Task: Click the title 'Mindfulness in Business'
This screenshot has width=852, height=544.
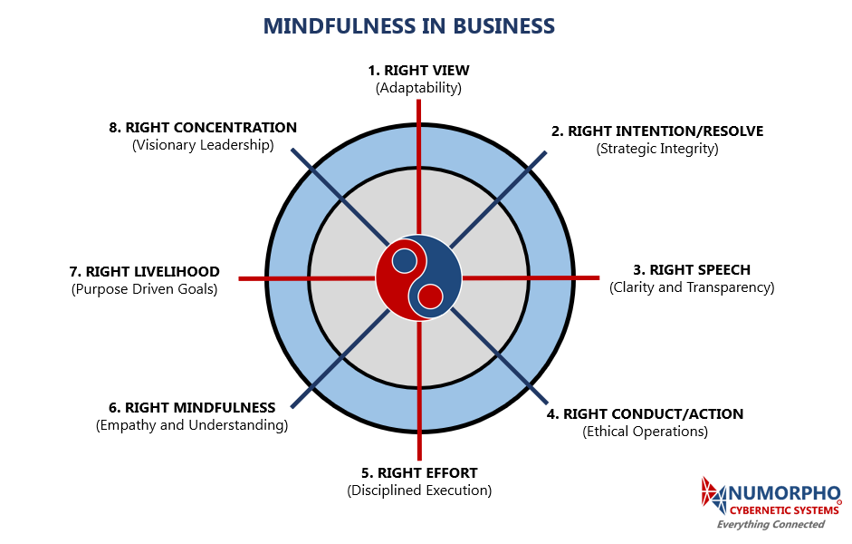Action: tap(409, 26)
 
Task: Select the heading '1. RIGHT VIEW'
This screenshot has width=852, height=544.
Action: tap(418, 70)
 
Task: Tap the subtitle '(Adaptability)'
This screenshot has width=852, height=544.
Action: tap(418, 88)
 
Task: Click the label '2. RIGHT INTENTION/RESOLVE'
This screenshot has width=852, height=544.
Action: tap(657, 131)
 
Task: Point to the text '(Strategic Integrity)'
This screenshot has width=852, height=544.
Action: tap(657, 149)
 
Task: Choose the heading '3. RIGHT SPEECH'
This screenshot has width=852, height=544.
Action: tap(692, 269)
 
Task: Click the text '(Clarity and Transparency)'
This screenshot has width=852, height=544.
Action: tap(692, 287)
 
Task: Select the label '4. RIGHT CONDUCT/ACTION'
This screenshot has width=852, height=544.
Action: tap(645, 413)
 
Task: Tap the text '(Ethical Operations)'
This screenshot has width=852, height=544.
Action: tap(645, 432)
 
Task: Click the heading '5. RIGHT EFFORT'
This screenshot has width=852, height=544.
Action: tap(419, 472)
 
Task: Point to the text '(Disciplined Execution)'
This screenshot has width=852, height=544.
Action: tap(419, 491)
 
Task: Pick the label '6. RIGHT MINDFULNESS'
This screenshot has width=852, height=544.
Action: tap(192, 407)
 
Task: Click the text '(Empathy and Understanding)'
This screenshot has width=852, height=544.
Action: tap(192, 425)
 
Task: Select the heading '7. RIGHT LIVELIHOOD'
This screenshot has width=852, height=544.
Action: tap(145, 271)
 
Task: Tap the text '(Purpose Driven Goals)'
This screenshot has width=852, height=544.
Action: tap(145, 289)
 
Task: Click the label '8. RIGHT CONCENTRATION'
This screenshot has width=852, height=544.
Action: tap(203, 127)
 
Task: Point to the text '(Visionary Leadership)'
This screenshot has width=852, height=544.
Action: tap(203, 145)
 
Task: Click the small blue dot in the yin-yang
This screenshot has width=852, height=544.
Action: tap(405, 261)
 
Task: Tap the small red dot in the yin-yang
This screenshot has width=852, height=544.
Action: tap(431, 296)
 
